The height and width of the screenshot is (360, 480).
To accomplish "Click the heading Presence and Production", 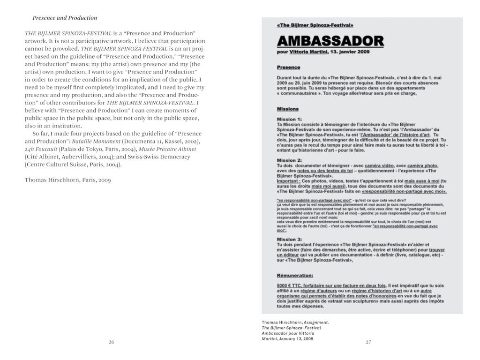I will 65,18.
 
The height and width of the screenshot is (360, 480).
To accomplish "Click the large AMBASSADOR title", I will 330,42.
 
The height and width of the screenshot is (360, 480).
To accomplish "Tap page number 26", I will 112,342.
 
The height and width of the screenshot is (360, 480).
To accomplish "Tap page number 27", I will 368,342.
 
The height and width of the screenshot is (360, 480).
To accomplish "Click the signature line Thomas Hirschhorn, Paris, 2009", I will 67,180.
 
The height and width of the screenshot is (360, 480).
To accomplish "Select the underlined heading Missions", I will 288,109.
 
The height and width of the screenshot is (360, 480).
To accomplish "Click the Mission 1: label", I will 289,119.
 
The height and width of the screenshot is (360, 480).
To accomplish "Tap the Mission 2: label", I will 289,160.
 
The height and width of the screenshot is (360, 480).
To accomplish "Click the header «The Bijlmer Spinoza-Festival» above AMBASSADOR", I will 315,24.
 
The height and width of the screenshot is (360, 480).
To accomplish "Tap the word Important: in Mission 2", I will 290,181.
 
